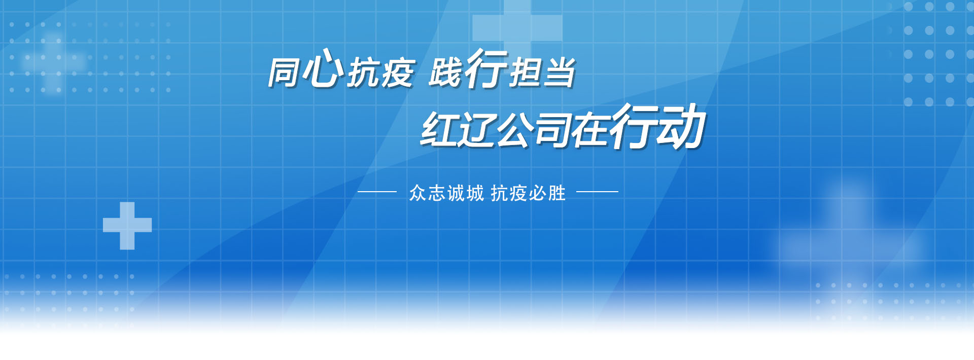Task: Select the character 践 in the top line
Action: (445, 73)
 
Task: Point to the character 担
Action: (525, 73)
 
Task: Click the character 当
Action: (558, 73)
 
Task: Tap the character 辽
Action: (477, 130)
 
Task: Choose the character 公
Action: (515, 130)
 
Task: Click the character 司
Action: (553, 130)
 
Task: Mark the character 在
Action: (590, 130)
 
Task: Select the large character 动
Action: (680, 127)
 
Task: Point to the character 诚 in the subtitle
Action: (456, 193)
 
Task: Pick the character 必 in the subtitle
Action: (538, 193)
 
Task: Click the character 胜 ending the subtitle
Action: (557, 193)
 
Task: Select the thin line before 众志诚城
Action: (377, 192)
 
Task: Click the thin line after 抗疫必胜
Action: (598, 192)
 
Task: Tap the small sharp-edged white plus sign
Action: (127, 226)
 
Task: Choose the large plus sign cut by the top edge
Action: (517, 23)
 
